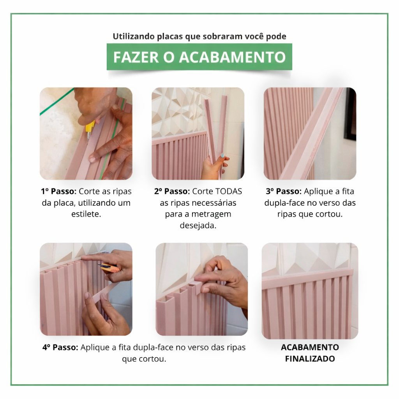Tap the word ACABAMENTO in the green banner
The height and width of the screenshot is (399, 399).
coord(233,57)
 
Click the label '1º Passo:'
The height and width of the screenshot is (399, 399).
coord(59,191)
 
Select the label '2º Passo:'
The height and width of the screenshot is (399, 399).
coord(172,191)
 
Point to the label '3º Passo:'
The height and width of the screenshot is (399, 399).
coord(284,191)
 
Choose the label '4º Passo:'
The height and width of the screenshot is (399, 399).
coord(60,347)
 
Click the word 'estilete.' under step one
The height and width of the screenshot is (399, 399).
coord(86,214)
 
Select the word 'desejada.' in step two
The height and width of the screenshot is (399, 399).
coord(198,226)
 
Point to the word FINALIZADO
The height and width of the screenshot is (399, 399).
coord(310,359)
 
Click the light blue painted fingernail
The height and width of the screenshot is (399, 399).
coord(222,155)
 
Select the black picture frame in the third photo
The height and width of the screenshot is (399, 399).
coord(350,114)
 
